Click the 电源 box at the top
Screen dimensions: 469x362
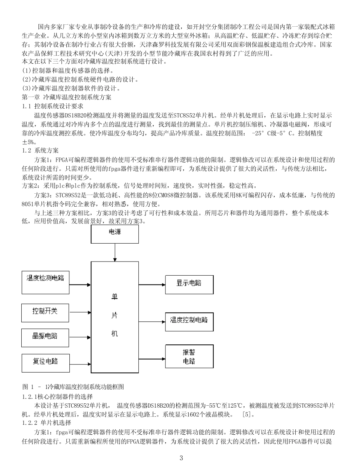click(x=115, y=234)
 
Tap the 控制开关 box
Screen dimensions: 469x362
click(x=45, y=312)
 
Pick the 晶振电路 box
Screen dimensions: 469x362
click(x=45, y=337)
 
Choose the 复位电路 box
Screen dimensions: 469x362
click(x=45, y=361)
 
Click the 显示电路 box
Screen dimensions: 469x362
click(x=189, y=284)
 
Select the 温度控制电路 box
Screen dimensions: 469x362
click(x=189, y=321)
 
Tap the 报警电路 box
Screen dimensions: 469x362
click(x=189, y=357)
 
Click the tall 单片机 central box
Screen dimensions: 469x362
click(x=114, y=317)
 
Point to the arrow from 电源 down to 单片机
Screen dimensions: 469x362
click(x=115, y=252)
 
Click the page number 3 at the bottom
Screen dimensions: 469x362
click(x=181, y=458)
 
